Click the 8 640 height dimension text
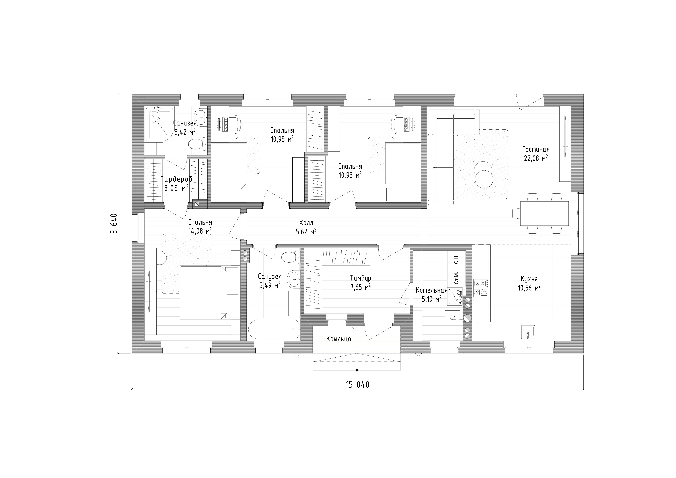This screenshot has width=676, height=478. pyautogui.click(x=114, y=223)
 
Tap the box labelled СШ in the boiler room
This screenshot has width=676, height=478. pyautogui.click(x=456, y=260)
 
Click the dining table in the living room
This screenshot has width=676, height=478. pyautogui.click(x=544, y=213)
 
